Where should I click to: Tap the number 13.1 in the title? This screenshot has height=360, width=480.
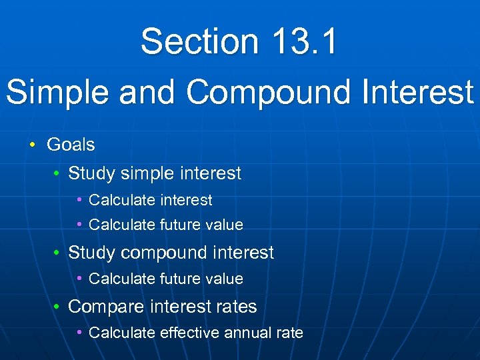point(305,41)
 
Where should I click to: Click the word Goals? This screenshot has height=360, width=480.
point(71,145)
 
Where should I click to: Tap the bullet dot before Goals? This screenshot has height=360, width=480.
point(32,145)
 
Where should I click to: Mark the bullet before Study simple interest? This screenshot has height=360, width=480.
point(58,174)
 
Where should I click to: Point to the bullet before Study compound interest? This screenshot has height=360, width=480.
point(58,253)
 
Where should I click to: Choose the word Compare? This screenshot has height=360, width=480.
point(105,307)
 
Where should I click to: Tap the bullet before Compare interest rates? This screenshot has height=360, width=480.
point(58,307)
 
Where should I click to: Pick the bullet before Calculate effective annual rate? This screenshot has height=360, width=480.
point(80,332)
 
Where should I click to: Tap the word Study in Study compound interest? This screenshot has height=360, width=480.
point(92,253)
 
